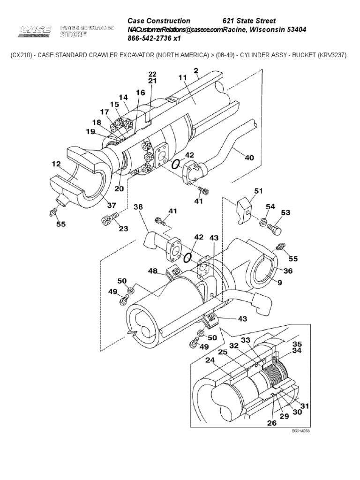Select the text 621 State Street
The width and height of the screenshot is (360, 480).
coord(248,21)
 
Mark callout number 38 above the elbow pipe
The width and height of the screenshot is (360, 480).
coord(138,206)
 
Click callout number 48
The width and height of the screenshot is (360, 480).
coord(153,270)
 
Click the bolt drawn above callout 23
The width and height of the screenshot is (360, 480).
coord(109,218)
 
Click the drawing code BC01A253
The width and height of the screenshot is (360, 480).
coord(301,430)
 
